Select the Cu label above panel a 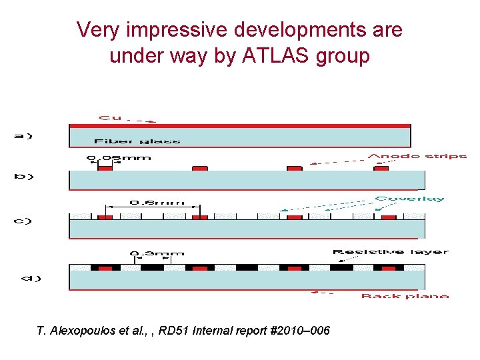111,118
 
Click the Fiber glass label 137,141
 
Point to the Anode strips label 417,157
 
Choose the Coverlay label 409,199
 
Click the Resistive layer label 390,252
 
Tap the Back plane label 404,296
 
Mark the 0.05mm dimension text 119,158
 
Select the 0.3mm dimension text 157,253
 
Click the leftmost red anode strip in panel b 105,169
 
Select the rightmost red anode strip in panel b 381,169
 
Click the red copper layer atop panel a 240,125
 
